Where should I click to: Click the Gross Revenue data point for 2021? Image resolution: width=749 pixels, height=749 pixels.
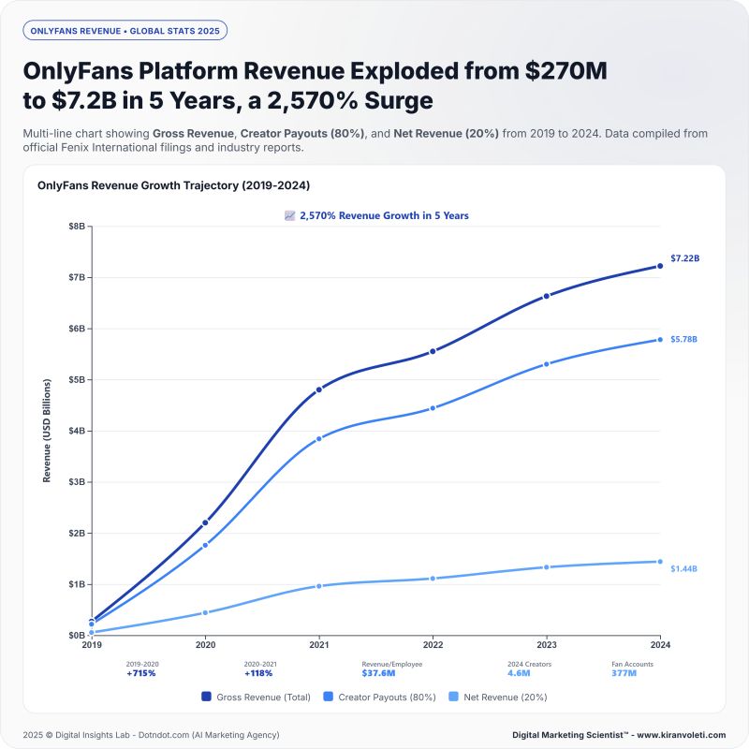pos(319,389)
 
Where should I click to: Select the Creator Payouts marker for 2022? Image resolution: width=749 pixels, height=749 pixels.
pos(433,408)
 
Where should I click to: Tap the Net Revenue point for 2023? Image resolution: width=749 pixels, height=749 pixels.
pos(546,566)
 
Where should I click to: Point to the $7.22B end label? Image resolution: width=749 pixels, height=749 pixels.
pos(684,257)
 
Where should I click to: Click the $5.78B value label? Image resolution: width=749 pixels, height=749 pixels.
pos(683,339)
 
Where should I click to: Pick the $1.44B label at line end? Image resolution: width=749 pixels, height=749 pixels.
pos(683,568)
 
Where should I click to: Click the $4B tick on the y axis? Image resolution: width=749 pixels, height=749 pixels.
pos(76,431)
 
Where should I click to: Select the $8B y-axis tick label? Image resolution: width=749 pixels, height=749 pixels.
pos(76,227)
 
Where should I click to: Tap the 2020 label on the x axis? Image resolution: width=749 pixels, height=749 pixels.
pos(205,645)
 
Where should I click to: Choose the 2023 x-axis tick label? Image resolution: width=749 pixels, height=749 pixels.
pos(546,645)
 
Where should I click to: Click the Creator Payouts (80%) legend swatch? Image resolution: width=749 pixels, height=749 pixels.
pos(328,697)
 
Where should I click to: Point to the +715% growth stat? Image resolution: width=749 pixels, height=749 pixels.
pos(142,673)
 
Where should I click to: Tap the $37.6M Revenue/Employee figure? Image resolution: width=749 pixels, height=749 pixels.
pos(378,673)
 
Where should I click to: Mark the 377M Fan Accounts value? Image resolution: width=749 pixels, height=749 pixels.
pos(624,673)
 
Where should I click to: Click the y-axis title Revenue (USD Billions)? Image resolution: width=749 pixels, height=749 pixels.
pos(47,432)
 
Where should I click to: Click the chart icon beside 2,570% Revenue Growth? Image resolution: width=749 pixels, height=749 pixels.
pos(290,215)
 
